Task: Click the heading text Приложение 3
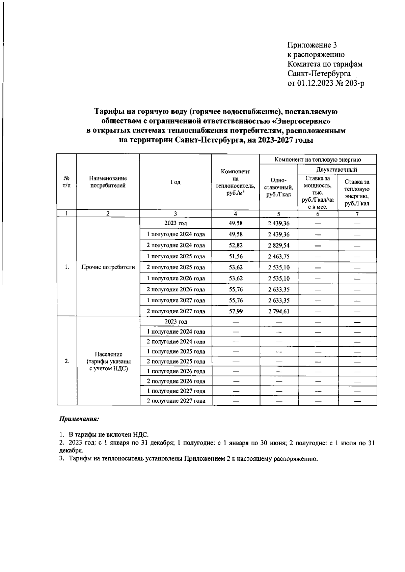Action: pos(312,45)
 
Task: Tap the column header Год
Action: pos(175,182)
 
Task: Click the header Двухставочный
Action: pos(337,169)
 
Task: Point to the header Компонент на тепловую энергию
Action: pos(318,159)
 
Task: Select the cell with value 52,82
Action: pos(236,245)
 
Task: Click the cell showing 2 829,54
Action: pos(278,245)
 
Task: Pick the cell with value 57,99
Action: pos(236,311)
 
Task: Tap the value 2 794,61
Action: pos(278,311)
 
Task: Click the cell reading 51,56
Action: pos(236,256)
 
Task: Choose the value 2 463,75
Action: pos(278,256)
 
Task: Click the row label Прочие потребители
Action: pos(108,267)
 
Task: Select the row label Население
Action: pos(108,354)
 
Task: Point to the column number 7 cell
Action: pos(357,214)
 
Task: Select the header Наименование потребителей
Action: pos(108,182)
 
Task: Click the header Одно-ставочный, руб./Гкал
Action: pos(278,188)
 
